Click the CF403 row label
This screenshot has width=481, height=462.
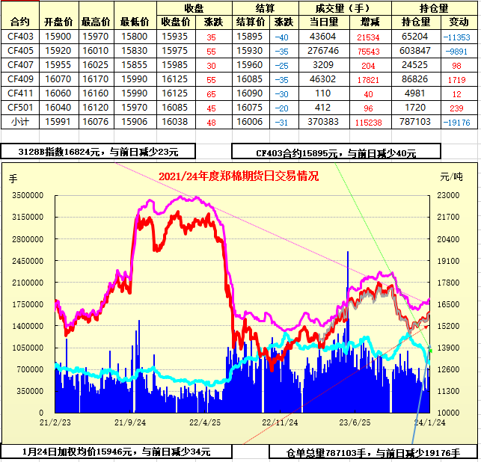20,36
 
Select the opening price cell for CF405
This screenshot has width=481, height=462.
58,50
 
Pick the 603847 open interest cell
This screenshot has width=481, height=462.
414,50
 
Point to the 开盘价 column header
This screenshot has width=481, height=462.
58,22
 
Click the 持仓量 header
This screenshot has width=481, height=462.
434,8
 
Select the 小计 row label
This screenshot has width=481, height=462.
20,121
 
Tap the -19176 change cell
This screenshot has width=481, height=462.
456,121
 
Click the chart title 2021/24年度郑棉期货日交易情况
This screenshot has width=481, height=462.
239,176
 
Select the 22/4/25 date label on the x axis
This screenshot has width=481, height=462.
204,422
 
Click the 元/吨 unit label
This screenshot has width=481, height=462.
450,177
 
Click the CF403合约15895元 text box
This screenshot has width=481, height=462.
335,153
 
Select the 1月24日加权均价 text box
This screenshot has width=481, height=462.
115,452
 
